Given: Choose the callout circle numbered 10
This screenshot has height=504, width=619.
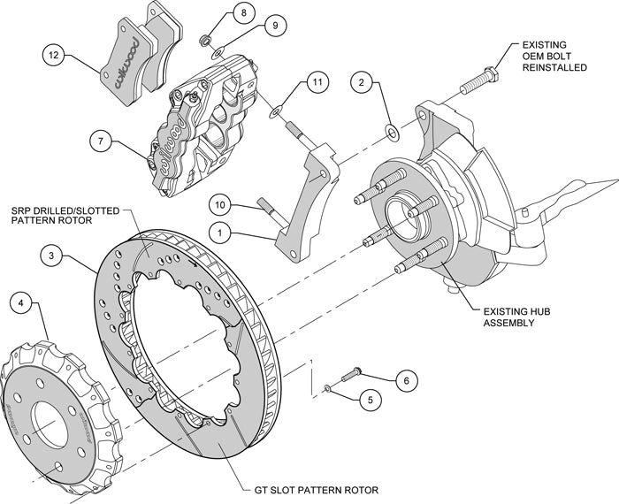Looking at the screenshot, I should [223, 205].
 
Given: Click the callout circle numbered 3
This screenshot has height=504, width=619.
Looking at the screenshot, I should [55, 256].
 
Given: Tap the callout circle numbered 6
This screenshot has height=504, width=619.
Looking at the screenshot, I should [405, 381].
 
